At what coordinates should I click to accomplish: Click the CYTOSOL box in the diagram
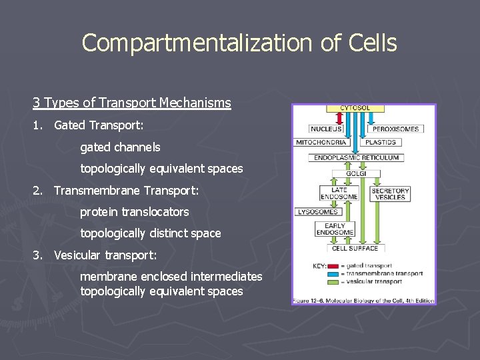[x=355, y=108]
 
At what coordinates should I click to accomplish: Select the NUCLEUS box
[x=326, y=129]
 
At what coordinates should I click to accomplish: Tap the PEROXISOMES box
[x=395, y=129]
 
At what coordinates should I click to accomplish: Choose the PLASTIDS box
[x=381, y=142]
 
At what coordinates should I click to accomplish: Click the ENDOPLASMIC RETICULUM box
[x=357, y=158]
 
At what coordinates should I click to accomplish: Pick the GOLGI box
[x=357, y=173]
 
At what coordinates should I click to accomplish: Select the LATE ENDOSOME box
[x=339, y=193]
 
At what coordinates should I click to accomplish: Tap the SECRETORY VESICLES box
[x=390, y=193]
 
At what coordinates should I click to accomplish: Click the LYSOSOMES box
[x=317, y=212]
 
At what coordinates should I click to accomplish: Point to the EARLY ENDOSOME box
[x=335, y=229]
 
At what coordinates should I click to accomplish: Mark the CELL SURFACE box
[x=355, y=249]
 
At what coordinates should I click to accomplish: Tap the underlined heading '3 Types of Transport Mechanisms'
[x=132, y=103]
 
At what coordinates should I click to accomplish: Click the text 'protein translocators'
[x=135, y=212]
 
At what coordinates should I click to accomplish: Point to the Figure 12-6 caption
[x=363, y=301]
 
